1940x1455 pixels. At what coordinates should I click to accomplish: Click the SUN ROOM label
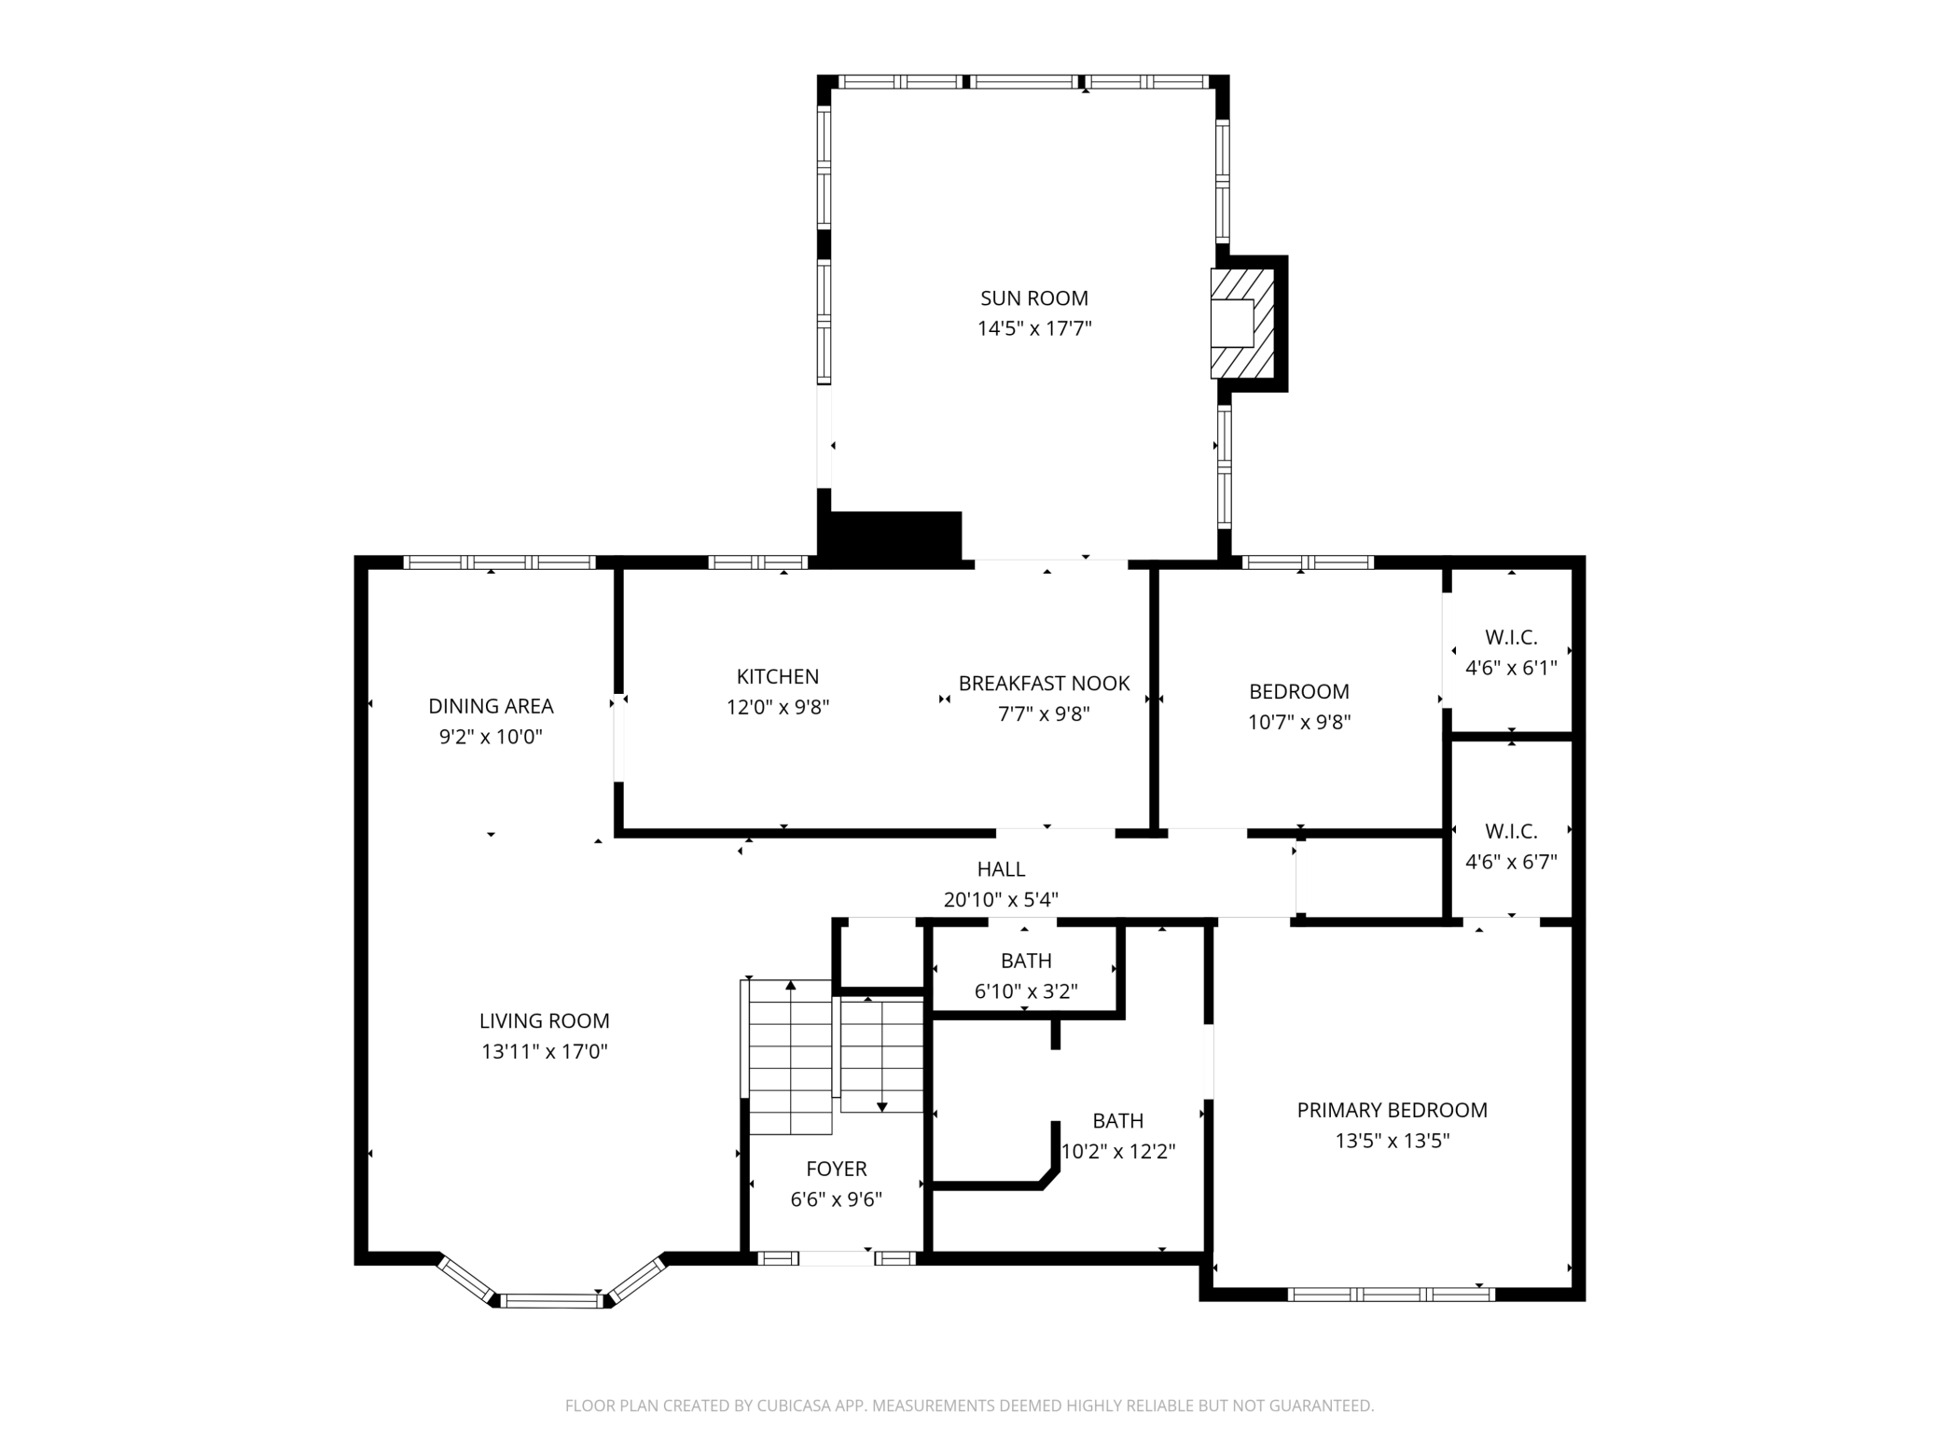click(x=1033, y=298)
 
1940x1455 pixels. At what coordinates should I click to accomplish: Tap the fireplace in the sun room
click(x=1242, y=324)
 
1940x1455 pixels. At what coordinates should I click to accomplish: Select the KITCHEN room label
click(x=778, y=677)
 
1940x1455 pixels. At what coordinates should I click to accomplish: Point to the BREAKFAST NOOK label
click(x=1044, y=684)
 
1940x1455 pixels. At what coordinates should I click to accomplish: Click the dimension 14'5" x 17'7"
click(x=1033, y=328)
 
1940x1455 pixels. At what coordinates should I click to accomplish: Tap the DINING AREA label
click(x=491, y=707)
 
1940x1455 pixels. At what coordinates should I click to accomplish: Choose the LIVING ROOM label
click(x=544, y=1021)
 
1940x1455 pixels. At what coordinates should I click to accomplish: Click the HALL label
click(x=1001, y=869)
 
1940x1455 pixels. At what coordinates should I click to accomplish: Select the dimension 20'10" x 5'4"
click(x=1001, y=900)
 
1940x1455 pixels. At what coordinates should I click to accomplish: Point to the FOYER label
click(x=836, y=1170)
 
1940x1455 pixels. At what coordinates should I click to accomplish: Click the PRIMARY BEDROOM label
click(x=1392, y=1111)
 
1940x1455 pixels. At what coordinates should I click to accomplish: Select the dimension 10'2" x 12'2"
click(x=1118, y=1152)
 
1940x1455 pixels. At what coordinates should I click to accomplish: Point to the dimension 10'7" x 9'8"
click(x=1299, y=722)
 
